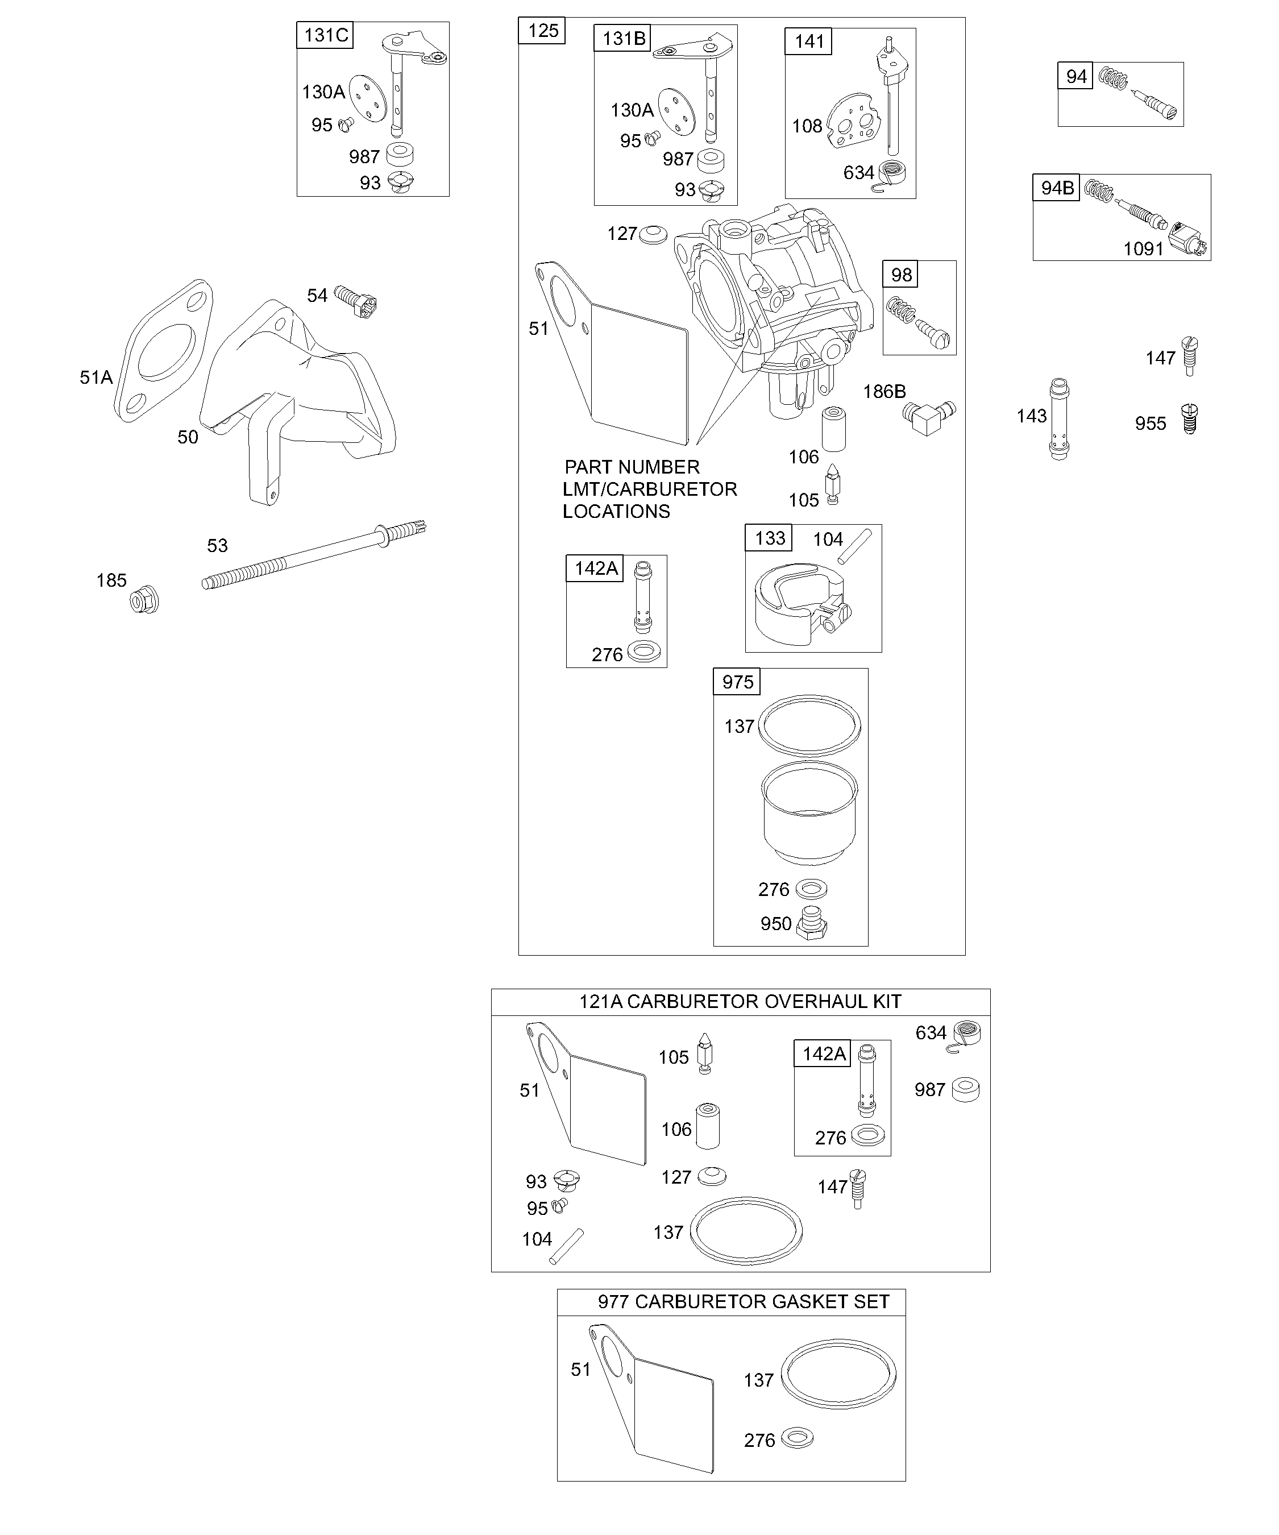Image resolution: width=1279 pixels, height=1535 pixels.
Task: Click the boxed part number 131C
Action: tap(325, 35)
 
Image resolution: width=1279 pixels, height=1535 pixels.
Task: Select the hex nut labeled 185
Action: tap(144, 601)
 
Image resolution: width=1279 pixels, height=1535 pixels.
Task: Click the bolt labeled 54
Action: tap(356, 300)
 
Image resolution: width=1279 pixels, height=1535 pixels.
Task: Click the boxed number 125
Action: tap(542, 31)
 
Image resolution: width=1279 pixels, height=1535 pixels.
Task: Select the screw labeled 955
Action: tap(1190, 420)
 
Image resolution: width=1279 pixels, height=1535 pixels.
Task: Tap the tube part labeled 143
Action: tap(1059, 419)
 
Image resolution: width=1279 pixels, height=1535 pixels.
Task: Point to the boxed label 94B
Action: tap(1057, 188)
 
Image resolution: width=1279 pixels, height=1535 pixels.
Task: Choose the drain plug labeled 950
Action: tap(811, 923)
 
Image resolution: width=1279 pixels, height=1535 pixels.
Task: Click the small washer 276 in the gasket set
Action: tap(796, 1438)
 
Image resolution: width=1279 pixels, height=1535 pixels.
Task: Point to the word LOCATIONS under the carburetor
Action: tap(616, 512)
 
